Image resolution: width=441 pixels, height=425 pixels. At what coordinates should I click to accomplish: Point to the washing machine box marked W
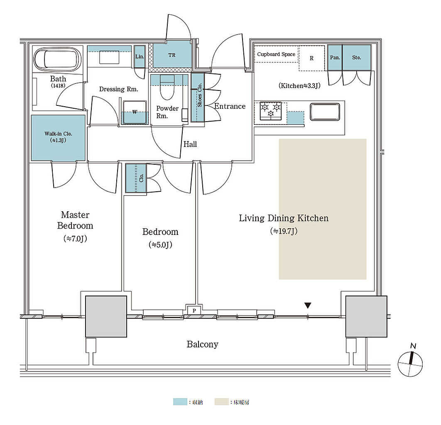[135, 112]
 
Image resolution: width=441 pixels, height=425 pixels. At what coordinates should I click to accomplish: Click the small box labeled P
[194, 310]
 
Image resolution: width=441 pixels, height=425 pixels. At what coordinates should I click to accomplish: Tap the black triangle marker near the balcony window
[307, 306]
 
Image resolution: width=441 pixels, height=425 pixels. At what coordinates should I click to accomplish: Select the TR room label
[172, 55]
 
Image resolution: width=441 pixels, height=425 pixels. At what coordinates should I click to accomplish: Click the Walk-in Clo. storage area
[59, 137]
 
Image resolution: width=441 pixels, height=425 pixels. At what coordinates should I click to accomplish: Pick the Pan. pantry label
[335, 58]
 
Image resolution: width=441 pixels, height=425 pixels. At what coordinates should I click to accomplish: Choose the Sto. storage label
[356, 58]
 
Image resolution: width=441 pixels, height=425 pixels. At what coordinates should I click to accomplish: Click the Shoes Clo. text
[200, 97]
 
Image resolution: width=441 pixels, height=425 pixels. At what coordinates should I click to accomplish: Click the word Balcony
[202, 344]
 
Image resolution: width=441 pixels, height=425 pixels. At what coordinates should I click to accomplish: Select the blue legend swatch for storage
[179, 402]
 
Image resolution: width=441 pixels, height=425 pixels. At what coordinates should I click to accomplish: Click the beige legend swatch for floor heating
[221, 402]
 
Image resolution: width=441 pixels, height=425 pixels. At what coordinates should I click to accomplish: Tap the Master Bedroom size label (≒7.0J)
[75, 239]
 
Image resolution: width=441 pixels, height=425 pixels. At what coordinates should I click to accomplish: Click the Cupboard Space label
[276, 54]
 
